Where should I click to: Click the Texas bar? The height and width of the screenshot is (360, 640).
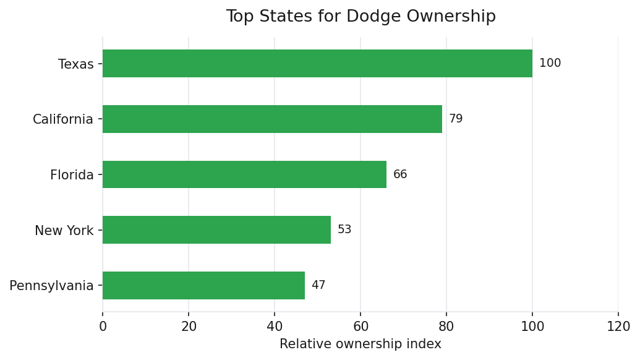[x=317, y=64]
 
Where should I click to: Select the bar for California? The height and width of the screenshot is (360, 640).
[x=272, y=119]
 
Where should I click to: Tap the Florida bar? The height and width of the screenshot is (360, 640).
[x=244, y=174]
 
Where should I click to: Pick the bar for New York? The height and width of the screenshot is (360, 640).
[x=216, y=230]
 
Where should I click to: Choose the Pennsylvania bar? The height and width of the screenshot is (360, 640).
[x=203, y=285]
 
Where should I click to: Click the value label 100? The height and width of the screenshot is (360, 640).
[x=550, y=64]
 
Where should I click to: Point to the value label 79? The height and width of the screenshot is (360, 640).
[x=456, y=119]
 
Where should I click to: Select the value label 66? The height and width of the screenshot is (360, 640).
[x=400, y=174]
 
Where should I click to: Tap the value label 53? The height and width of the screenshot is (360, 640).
[x=344, y=230]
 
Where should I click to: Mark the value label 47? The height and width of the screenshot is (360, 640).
[x=318, y=285]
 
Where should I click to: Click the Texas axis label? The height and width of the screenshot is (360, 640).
[x=75, y=64]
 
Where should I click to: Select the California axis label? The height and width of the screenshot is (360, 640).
[x=62, y=119]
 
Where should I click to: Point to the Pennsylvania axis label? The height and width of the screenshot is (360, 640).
[x=51, y=286]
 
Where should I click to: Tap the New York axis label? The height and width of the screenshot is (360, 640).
[x=64, y=231]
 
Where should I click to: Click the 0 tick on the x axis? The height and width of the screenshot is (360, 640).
[x=103, y=326]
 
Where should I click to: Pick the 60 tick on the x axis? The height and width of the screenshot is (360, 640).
[x=361, y=326]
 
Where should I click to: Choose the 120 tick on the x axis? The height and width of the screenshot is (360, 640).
[x=618, y=326]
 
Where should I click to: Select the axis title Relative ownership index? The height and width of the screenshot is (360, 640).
[x=360, y=344]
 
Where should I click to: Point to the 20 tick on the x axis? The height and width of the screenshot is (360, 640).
[x=189, y=326]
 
